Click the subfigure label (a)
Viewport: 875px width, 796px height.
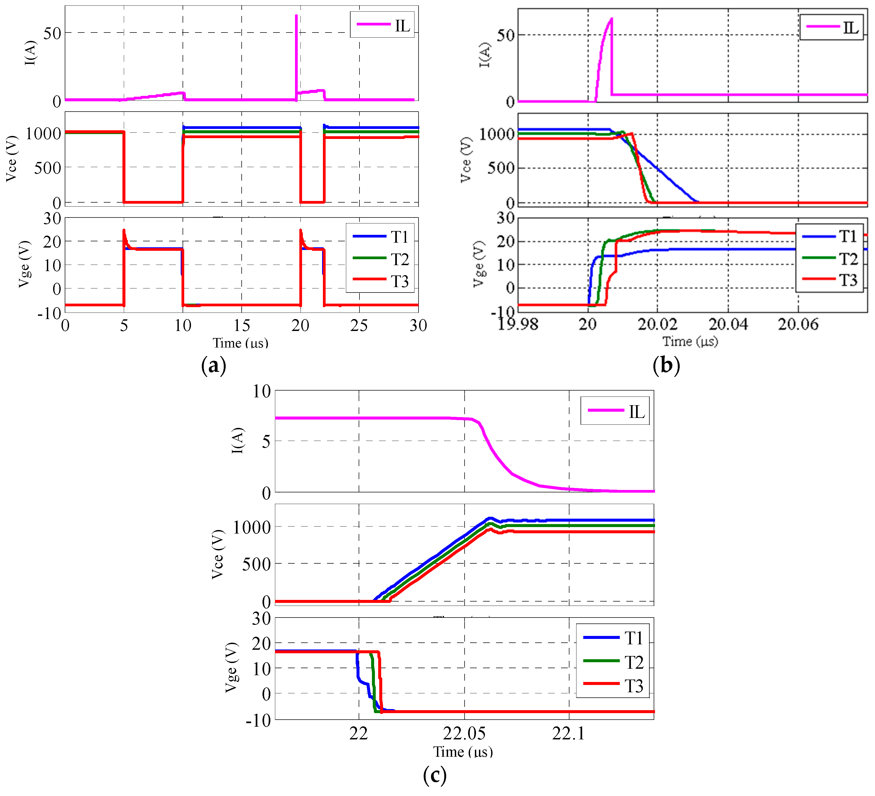[x=213, y=365]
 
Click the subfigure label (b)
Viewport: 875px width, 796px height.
[x=666, y=365]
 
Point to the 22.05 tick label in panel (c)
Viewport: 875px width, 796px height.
[x=464, y=733]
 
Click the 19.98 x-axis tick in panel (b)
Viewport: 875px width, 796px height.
[x=517, y=324]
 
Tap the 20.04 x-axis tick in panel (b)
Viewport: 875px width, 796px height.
[x=728, y=324]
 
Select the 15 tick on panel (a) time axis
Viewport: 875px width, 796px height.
[x=241, y=326]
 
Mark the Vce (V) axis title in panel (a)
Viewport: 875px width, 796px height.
[x=11, y=158]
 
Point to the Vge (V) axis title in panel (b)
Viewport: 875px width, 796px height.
[x=478, y=264]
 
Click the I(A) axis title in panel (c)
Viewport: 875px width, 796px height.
[x=238, y=441]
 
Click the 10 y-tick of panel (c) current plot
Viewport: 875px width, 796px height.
[x=262, y=391]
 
